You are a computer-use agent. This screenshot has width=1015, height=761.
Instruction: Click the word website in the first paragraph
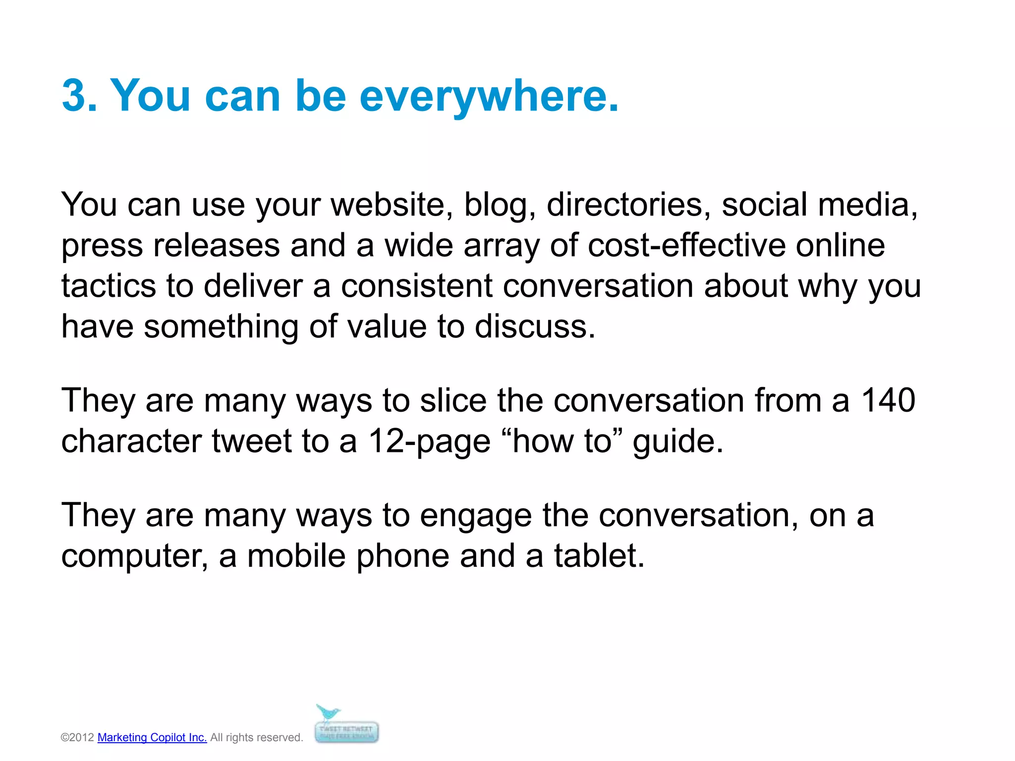392,205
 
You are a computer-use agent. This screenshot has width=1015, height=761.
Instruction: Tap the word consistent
417,286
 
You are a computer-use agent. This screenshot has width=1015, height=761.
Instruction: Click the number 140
888,400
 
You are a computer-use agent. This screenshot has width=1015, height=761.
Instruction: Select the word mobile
296,556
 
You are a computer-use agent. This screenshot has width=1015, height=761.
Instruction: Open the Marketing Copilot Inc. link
152,737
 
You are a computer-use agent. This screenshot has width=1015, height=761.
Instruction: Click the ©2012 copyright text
77,737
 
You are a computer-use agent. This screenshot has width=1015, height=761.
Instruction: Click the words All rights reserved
256,737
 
